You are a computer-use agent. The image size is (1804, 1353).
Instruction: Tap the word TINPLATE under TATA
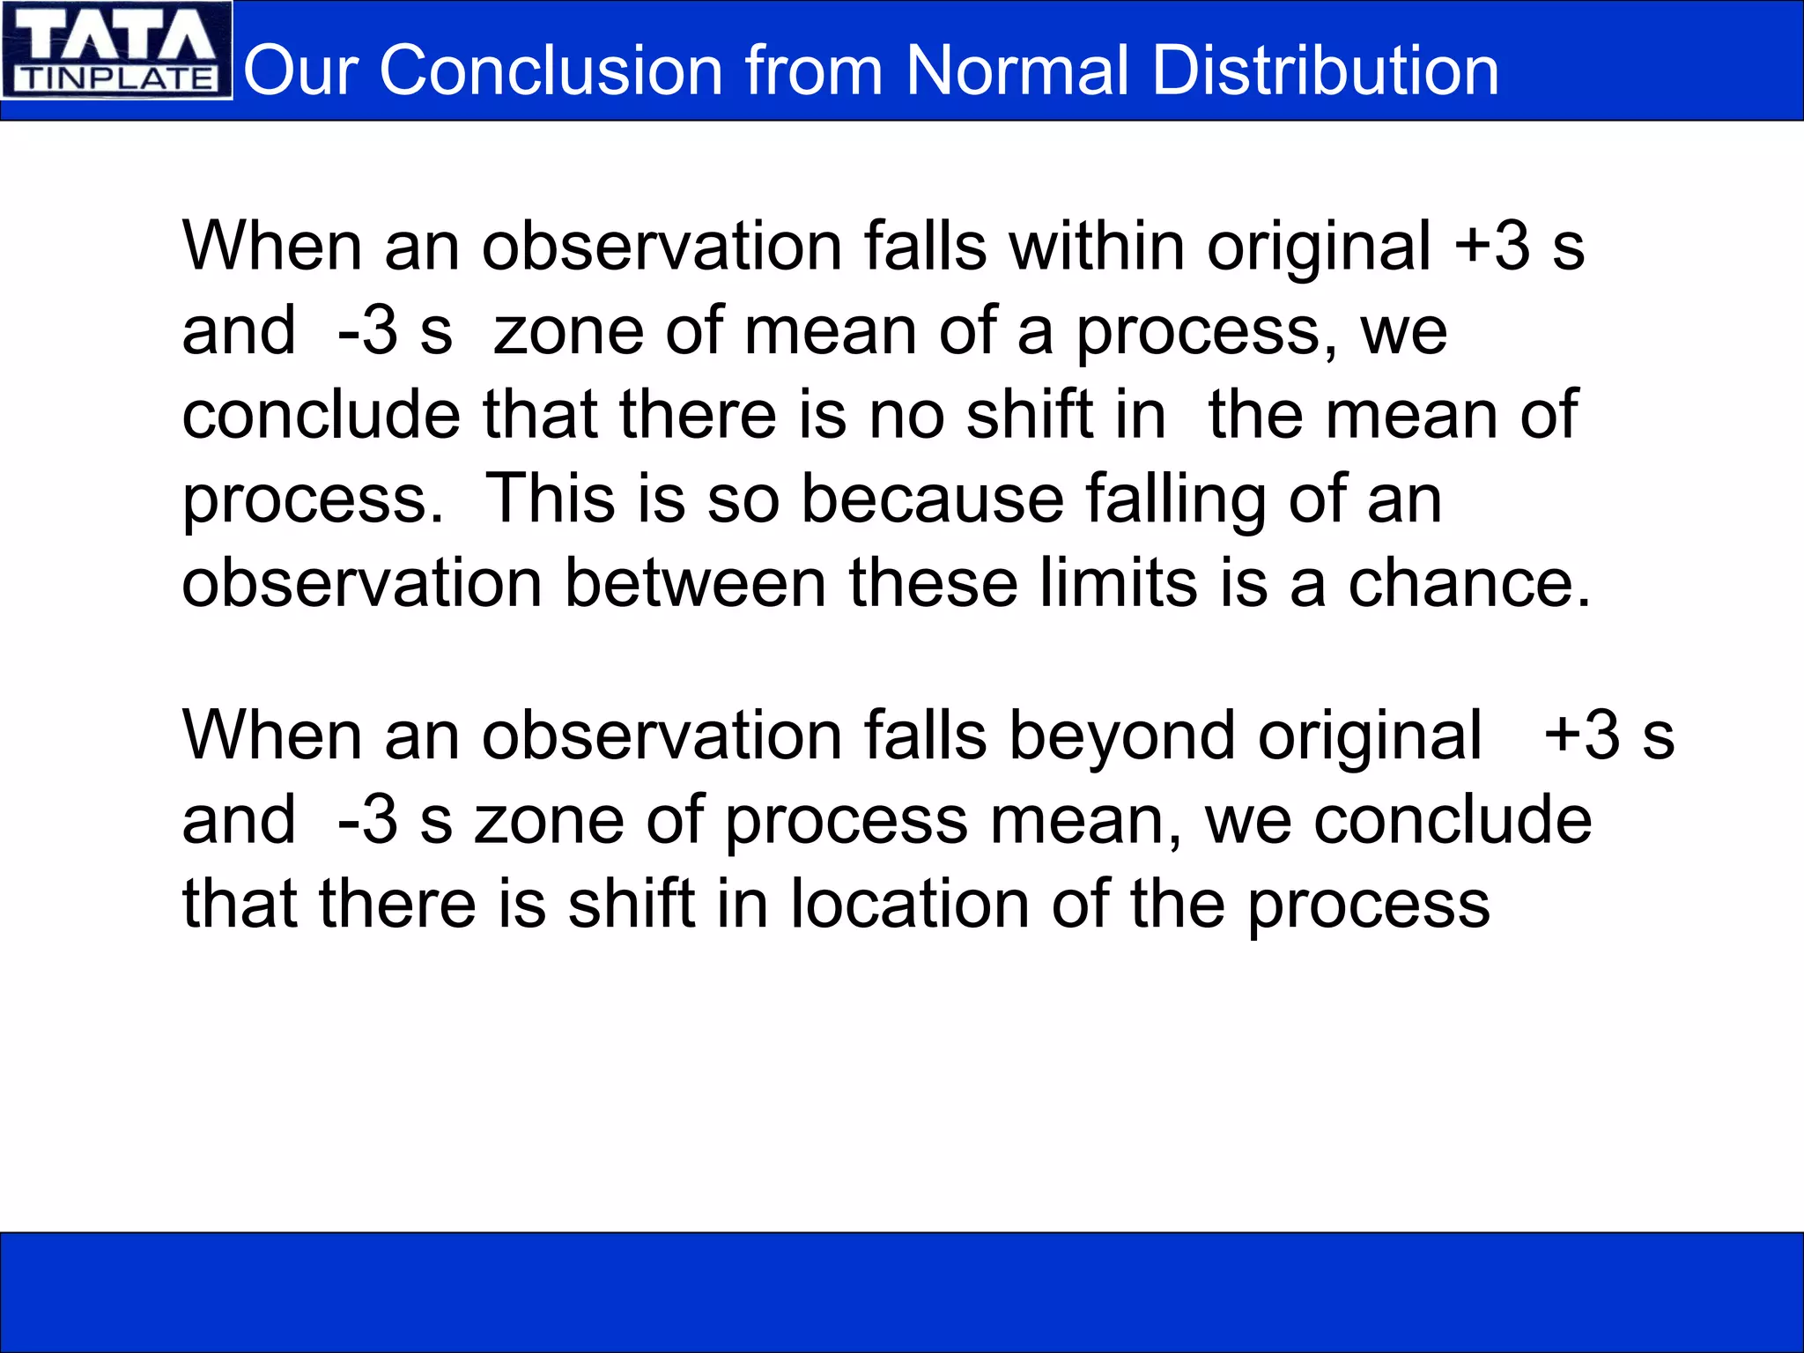pos(116,79)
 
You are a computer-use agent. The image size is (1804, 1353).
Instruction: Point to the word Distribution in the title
pos(1325,70)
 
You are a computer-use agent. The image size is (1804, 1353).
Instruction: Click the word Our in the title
pos(299,70)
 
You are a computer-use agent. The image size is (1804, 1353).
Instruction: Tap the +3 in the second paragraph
pos(1582,735)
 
